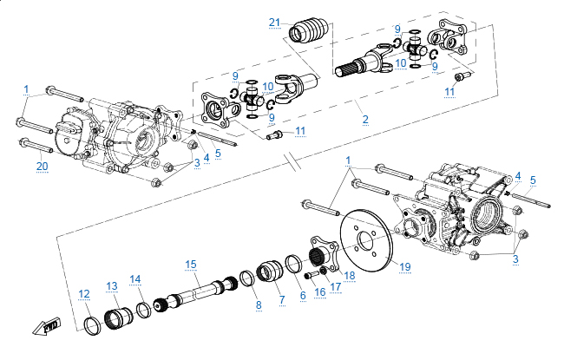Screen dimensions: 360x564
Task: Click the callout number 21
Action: (275, 22)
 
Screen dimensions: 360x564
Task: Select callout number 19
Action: (405, 266)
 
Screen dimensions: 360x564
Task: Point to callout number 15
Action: (191, 264)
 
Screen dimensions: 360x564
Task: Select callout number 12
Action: (84, 294)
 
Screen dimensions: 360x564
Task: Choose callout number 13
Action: (112, 285)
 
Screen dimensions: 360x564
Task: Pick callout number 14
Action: (135, 278)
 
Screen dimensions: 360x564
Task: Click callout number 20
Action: (42, 166)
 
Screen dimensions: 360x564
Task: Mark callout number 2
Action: (366, 119)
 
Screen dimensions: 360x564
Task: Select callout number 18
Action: (350, 275)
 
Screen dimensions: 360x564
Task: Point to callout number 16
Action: (320, 292)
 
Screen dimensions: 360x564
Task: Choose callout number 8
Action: (258, 304)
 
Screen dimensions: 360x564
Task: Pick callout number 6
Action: (302, 295)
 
